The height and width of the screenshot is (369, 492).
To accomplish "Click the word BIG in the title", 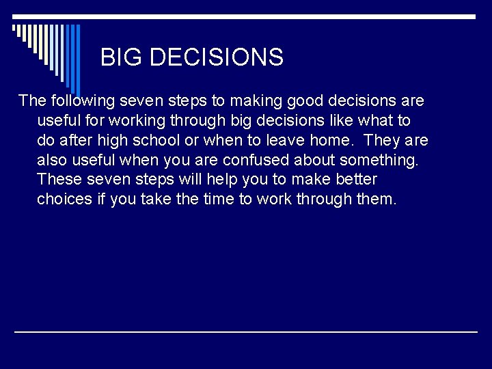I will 122,57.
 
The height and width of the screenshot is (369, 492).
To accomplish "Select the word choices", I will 66,200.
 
